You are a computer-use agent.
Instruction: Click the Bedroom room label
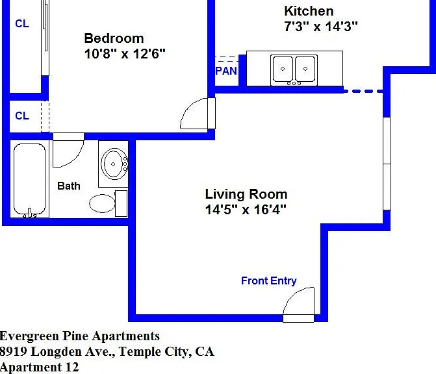(114, 38)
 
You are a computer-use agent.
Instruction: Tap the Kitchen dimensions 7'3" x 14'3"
(320, 27)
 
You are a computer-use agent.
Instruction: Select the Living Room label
(246, 194)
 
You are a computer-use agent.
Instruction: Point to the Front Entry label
(268, 280)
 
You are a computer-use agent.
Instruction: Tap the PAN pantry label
(226, 71)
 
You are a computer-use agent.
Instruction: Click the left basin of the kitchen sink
(283, 69)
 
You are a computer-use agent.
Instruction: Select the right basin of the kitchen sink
(305, 69)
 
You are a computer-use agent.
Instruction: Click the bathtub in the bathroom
(29, 179)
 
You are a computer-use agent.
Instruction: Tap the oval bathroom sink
(113, 164)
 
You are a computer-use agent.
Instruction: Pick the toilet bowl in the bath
(102, 203)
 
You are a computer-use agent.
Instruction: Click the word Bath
(69, 186)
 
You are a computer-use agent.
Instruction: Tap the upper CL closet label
(22, 23)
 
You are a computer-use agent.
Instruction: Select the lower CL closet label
(22, 116)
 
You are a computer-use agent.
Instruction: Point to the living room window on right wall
(387, 164)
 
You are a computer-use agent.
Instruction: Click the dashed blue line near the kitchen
(363, 91)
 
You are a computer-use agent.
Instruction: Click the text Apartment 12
(39, 368)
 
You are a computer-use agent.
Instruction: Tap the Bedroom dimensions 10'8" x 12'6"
(125, 54)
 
